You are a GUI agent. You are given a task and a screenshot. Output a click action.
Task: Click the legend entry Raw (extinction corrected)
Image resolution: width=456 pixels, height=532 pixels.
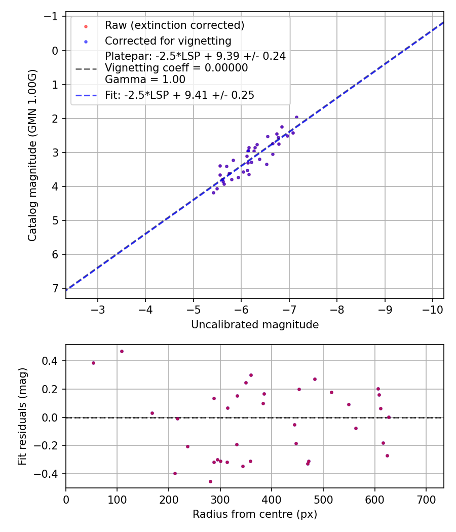click(174, 25)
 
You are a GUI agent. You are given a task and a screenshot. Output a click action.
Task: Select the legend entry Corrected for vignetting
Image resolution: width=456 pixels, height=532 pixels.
click(168, 41)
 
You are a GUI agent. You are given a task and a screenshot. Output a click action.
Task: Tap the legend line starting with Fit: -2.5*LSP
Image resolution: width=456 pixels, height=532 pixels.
click(179, 95)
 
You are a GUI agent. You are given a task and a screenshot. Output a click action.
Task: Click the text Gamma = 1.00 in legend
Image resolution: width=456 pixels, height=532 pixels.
click(145, 79)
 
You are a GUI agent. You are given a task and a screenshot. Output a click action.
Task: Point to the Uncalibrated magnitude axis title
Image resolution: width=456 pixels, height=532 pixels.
click(255, 325)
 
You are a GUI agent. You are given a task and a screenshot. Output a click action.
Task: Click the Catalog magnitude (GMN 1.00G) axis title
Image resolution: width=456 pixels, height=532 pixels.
click(32, 155)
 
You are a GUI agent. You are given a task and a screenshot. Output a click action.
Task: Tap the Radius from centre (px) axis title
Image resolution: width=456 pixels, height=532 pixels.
click(255, 514)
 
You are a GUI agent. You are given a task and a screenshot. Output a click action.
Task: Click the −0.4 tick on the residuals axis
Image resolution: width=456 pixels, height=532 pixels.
click(50, 474)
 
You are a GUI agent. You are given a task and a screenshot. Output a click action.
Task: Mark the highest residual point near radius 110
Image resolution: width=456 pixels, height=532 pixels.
click(122, 351)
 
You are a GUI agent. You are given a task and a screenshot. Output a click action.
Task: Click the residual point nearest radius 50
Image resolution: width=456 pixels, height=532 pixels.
click(93, 363)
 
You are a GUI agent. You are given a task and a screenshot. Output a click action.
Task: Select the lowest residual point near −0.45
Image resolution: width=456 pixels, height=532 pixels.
click(210, 481)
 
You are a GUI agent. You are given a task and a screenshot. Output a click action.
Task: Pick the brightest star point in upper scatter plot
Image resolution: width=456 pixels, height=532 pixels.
click(296, 117)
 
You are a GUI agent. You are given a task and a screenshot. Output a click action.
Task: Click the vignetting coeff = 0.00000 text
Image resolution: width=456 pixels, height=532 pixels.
click(176, 68)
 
